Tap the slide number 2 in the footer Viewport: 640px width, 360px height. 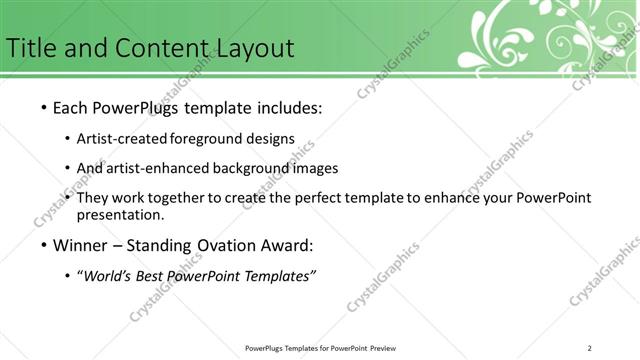click(x=590, y=347)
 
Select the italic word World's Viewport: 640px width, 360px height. click(x=106, y=276)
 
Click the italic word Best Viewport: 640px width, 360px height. click(x=150, y=276)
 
